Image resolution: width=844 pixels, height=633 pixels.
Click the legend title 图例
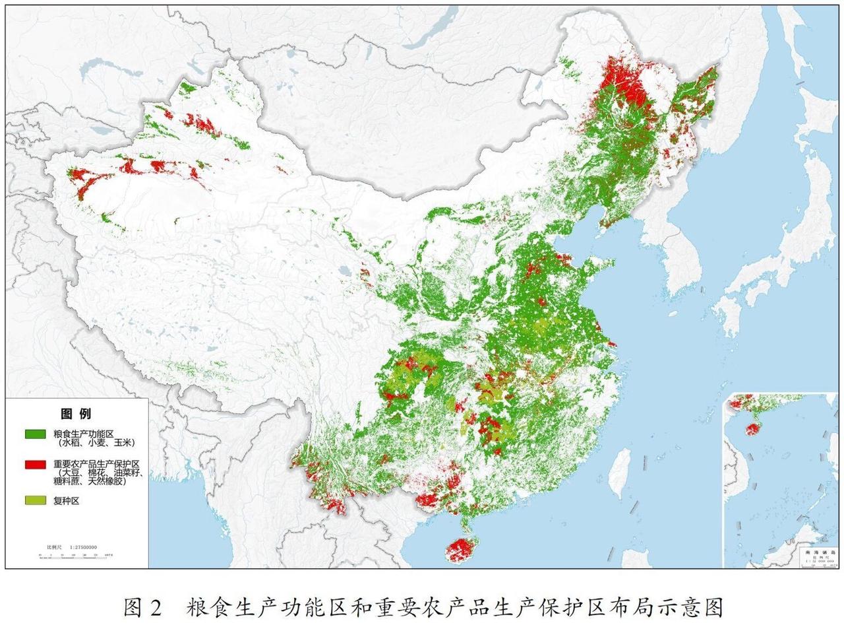click(76, 414)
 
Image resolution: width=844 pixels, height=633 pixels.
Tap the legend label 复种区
click(67, 501)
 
